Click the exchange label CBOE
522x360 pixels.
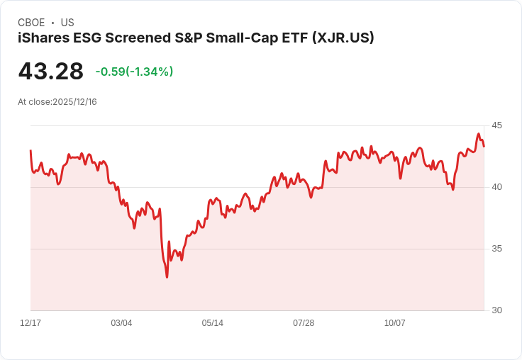tap(31, 23)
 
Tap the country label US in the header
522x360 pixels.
tap(67, 23)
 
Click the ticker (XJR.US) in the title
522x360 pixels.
tap(343, 38)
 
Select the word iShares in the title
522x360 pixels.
tap(43, 38)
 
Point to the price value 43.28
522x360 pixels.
tap(50, 71)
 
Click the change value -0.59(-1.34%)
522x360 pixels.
tap(134, 72)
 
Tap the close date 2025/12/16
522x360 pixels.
tap(75, 102)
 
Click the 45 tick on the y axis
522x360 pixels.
tap(497, 125)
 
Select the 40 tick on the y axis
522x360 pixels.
tap(497, 187)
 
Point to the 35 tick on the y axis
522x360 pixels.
tap(497, 249)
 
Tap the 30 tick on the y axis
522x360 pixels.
tap(497, 310)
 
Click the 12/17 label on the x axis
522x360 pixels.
tap(30, 323)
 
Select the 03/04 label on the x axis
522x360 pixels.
tap(121, 323)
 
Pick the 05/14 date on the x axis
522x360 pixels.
tap(212, 323)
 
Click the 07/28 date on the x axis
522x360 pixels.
tap(304, 323)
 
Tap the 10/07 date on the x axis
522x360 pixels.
tap(394, 323)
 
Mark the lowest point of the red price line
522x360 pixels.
tap(167, 277)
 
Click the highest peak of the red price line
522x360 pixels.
tap(479, 133)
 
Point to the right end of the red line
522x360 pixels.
tap(484, 147)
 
